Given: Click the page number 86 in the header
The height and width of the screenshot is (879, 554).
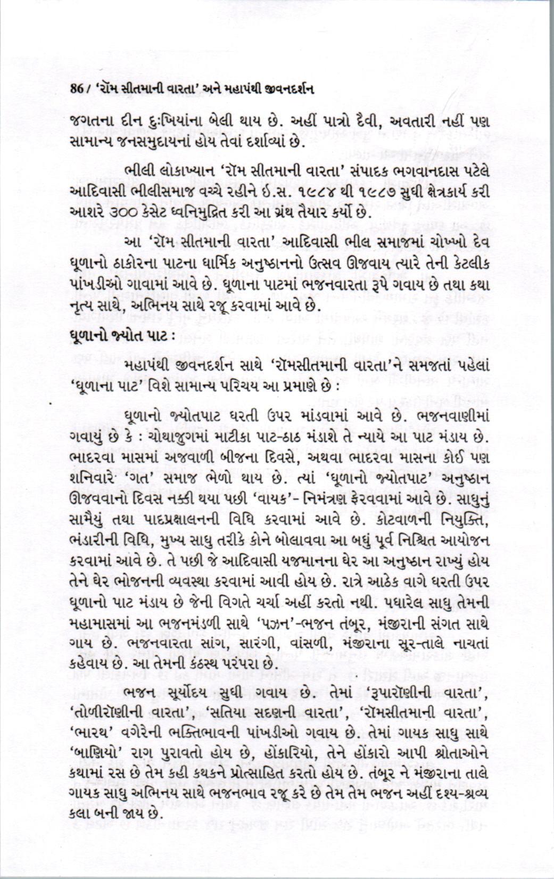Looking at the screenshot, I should point(77,89).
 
